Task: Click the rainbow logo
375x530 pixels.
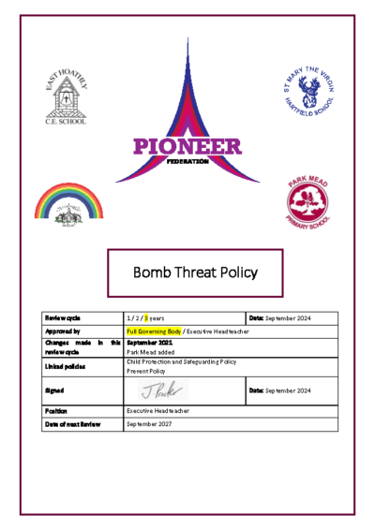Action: [x=68, y=204]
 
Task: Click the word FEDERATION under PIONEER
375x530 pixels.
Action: [x=187, y=161]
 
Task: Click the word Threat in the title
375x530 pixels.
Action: [x=189, y=273]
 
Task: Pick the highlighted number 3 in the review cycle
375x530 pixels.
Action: [x=146, y=319]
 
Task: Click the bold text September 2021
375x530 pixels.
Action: [x=149, y=343]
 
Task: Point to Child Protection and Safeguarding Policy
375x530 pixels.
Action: [x=181, y=362]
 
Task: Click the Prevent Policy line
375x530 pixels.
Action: [x=145, y=372]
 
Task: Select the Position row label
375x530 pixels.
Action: [x=56, y=411]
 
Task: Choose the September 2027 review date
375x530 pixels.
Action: [x=149, y=424]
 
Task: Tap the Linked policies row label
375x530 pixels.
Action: [x=65, y=366]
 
